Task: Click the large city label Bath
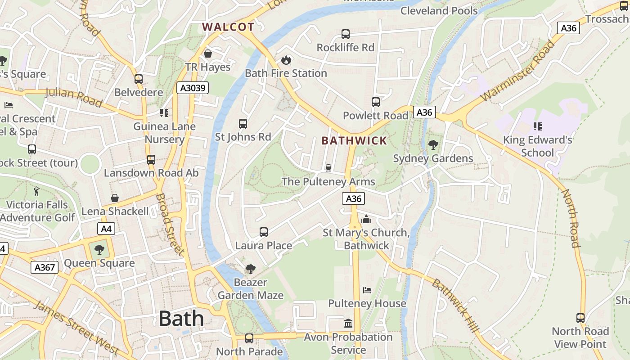point(181,319)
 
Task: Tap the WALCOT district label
point(228,27)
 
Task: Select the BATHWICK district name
point(354,141)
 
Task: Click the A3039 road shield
point(193,88)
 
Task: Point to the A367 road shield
point(45,268)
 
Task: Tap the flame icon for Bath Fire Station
point(286,60)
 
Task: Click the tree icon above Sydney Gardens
point(433,145)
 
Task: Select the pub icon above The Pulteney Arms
point(328,168)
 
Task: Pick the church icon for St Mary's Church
point(366,219)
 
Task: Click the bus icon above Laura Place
point(264,232)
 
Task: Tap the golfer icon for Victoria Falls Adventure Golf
point(37,191)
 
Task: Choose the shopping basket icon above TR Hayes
point(208,54)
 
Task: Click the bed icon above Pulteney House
point(367,290)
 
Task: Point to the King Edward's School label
point(537,146)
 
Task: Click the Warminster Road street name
point(517,71)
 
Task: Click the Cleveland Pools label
point(439,10)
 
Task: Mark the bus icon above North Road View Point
point(580,318)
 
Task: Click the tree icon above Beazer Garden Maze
point(250,269)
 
